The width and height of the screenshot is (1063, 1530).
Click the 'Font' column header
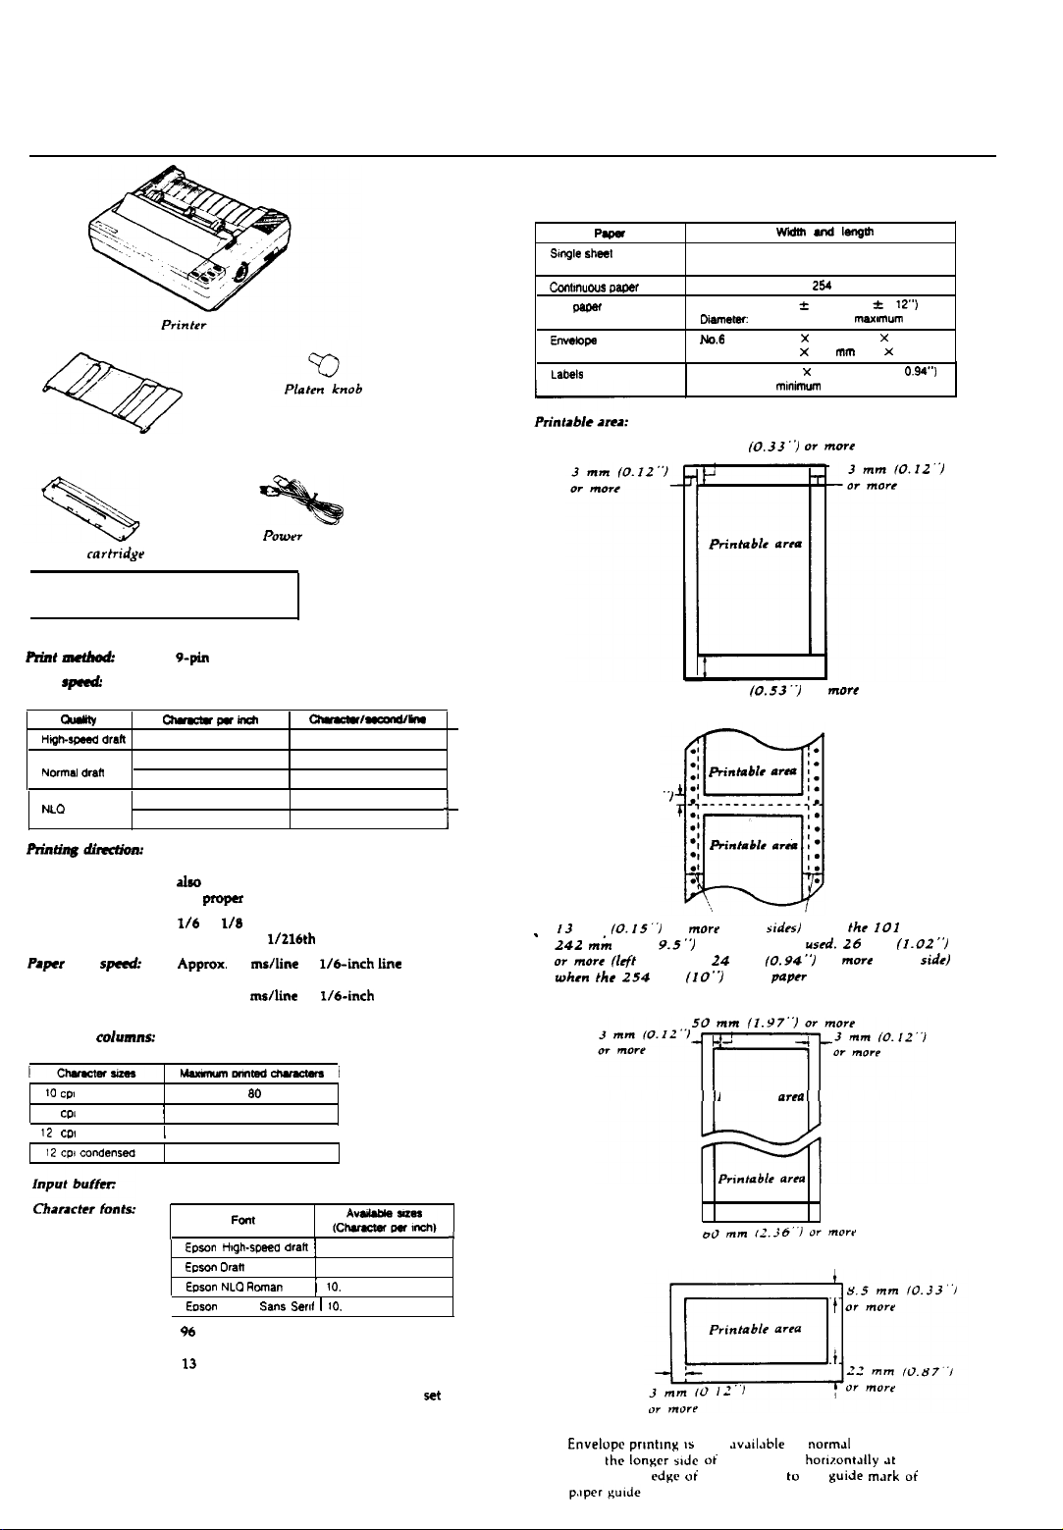coord(242,1220)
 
